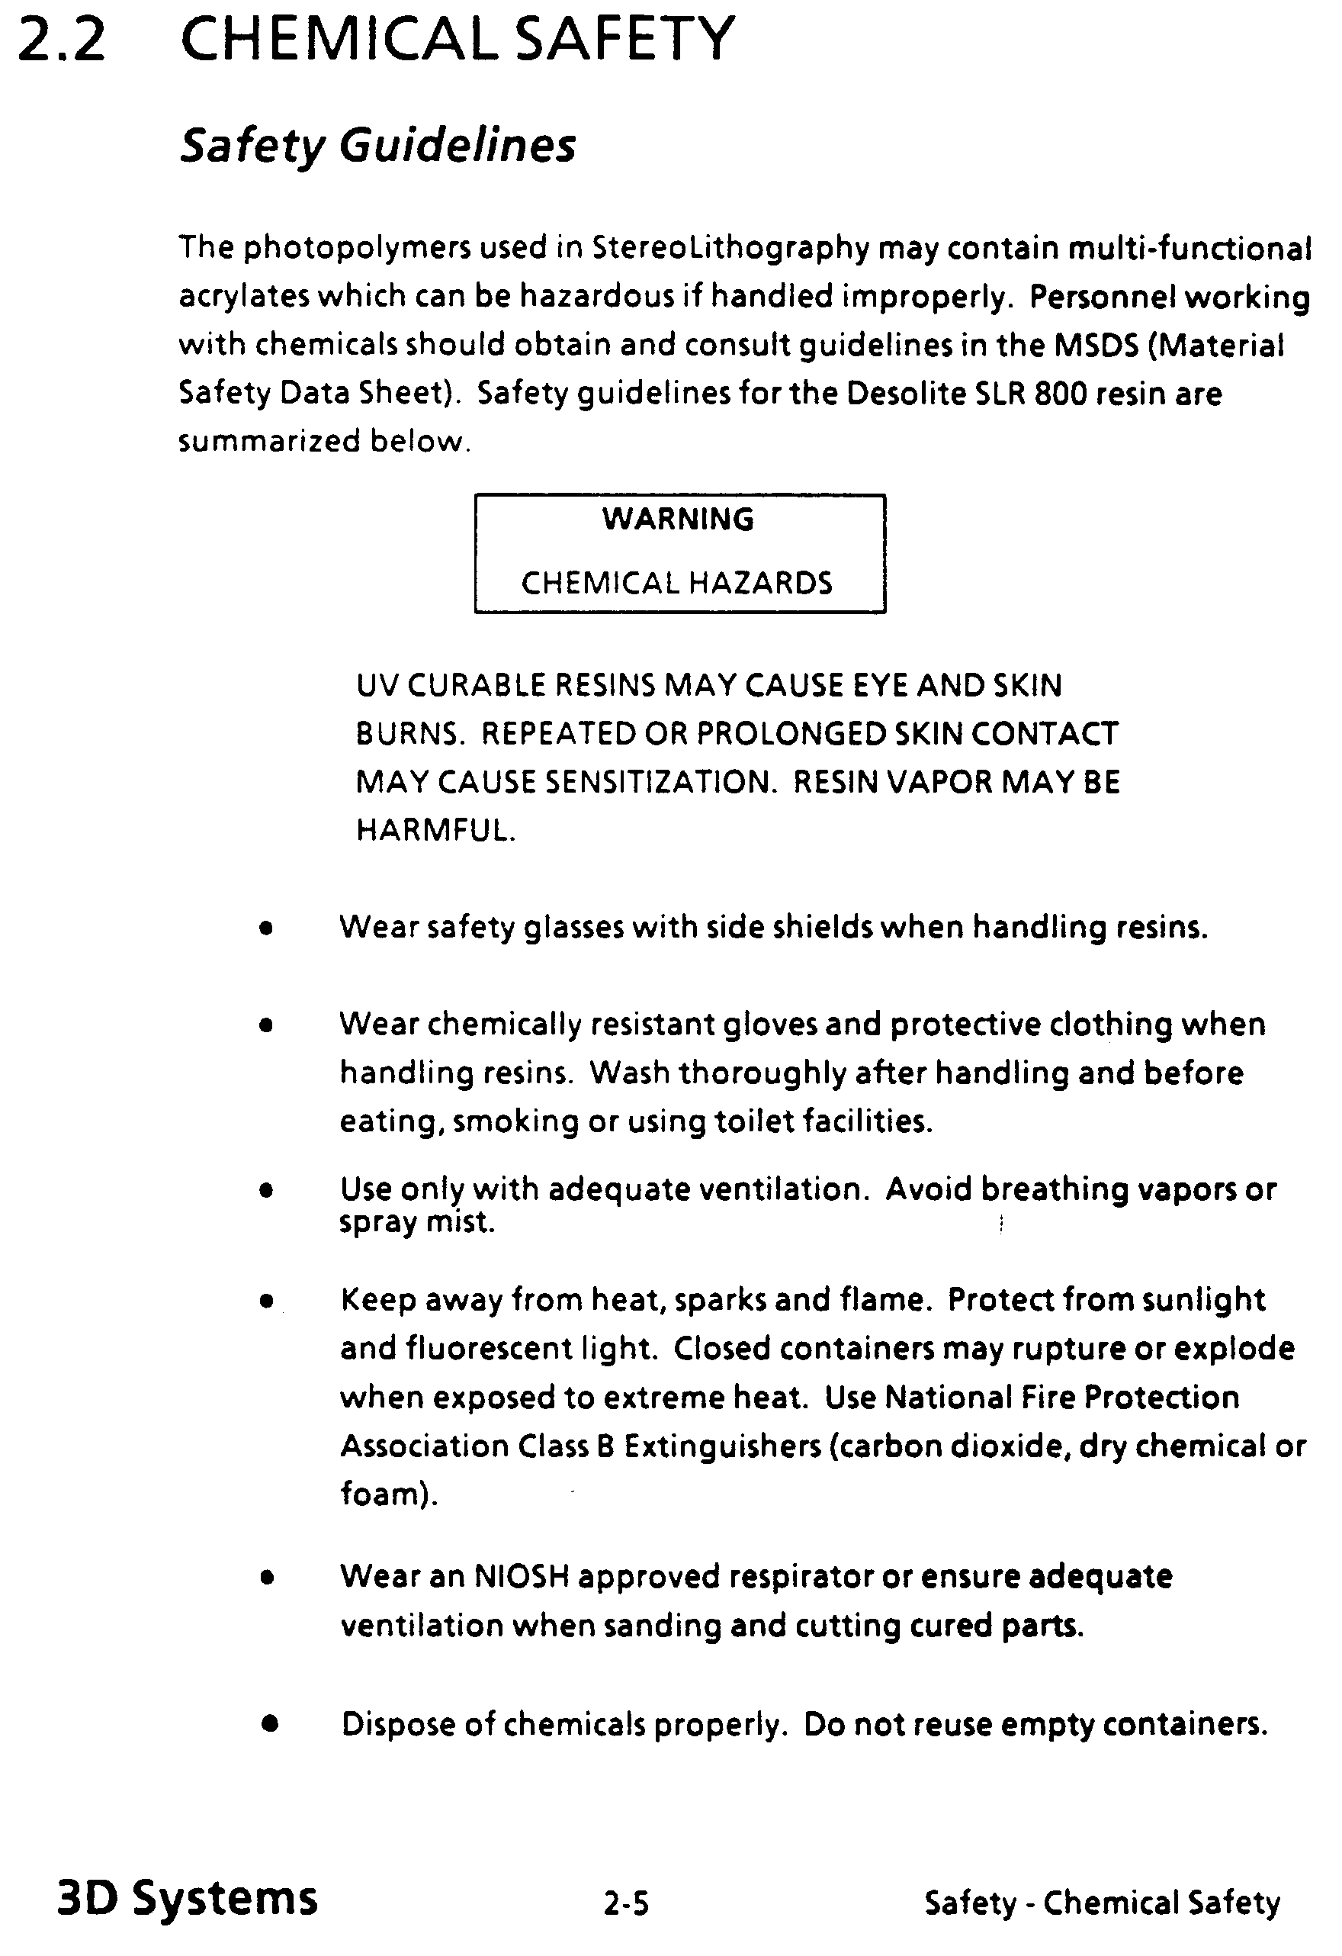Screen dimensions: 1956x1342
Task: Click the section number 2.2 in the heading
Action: (62, 40)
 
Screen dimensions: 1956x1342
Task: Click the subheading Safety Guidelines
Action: (377, 146)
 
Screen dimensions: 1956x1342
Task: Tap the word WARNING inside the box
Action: (678, 520)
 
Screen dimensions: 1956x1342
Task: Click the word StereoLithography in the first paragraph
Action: (730, 248)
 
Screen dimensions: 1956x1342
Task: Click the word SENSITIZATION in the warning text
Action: (659, 783)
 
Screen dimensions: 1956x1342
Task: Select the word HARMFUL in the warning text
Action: (435, 832)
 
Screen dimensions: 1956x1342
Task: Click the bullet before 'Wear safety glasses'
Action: (267, 929)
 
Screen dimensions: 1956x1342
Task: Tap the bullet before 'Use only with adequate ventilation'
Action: (267, 1191)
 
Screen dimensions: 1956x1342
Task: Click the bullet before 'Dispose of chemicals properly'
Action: (269, 1723)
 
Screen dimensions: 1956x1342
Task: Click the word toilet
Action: (754, 1121)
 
